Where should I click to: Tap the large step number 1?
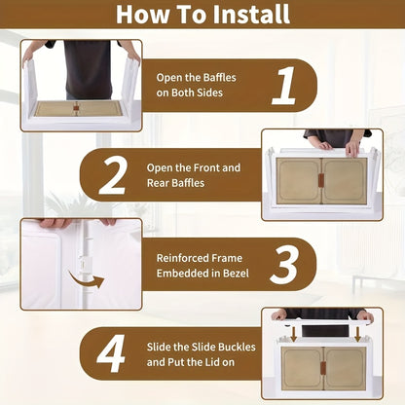coord(284,86)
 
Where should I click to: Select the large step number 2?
coord(113,176)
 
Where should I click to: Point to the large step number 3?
coord(283,265)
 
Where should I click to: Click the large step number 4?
coord(111,353)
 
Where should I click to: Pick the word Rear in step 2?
coord(158,183)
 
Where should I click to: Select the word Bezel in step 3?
coord(236,274)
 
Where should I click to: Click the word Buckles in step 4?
coord(237,347)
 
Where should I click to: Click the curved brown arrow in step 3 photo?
coord(87,280)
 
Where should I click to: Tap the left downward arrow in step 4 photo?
coord(294,334)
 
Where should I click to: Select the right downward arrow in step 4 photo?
coord(357,334)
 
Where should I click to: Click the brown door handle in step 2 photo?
coord(321,180)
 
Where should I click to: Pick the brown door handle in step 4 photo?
coord(323,368)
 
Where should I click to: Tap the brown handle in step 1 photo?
coord(76,108)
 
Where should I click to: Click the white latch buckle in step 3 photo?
coord(85,262)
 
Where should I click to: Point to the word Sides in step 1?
coord(209,92)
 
